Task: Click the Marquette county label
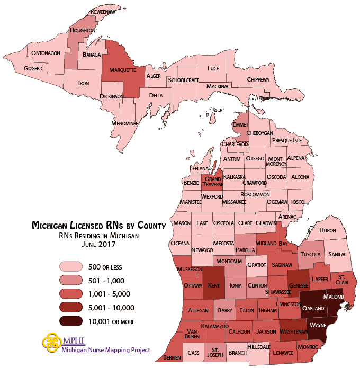coord(122,70)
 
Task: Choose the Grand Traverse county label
coord(214,182)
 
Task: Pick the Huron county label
coord(328,231)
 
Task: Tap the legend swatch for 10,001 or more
coord(70,321)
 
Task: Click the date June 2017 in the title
coord(99,245)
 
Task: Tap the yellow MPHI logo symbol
coord(52,343)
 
